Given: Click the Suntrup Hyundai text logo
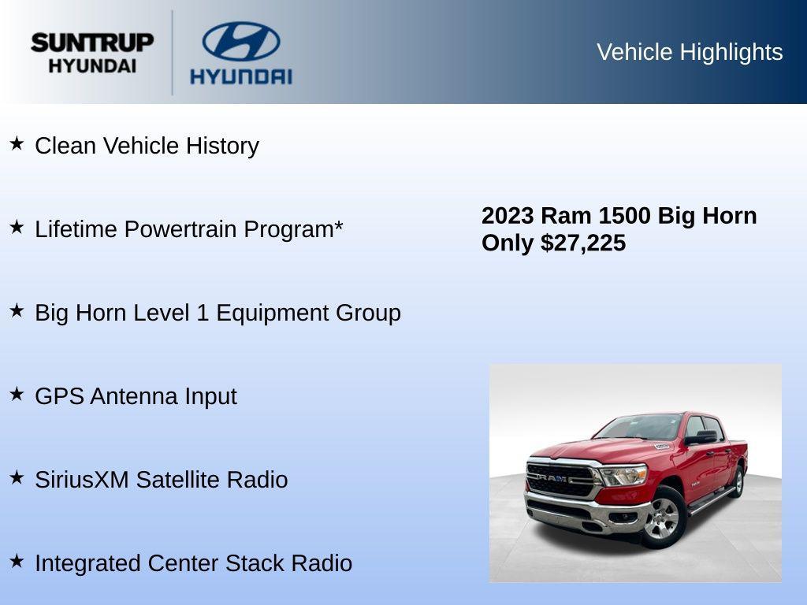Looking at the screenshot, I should [x=92, y=53].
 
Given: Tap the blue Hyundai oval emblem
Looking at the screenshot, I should [x=240, y=42].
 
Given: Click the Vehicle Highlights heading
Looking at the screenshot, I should [x=690, y=52].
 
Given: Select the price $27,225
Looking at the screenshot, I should [x=583, y=243].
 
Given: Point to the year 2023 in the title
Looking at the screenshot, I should [x=508, y=216].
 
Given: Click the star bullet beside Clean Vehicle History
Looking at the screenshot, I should [x=17, y=143].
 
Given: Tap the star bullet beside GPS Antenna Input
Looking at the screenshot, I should [x=17, y=394].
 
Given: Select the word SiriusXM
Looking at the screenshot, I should [x=81, y=480].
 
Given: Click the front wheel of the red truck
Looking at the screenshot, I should [x=664, y=518].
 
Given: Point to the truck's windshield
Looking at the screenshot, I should [x=639, y=427].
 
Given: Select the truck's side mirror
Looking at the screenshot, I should [x=704, y=436].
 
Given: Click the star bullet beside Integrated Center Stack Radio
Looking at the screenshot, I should [x=17, y=561].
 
